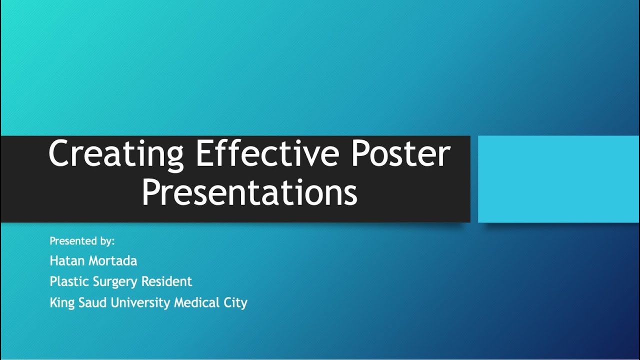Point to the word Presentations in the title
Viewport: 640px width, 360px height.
249,193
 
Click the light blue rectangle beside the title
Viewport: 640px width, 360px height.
558,179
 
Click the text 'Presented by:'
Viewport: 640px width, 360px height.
82,241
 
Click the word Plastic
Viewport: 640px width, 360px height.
69,281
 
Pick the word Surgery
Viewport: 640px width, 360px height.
115,282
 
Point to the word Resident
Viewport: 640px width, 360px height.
166,281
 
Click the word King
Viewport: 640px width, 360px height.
62,302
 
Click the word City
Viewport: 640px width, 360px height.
236,302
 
